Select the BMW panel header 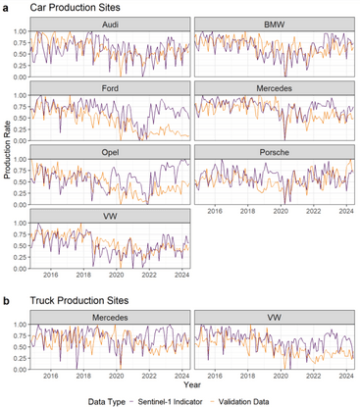point(275,23)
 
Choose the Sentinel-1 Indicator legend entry point(186,399)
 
